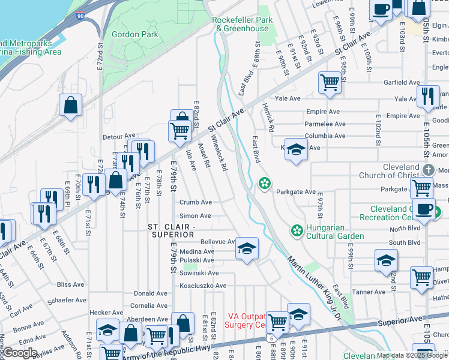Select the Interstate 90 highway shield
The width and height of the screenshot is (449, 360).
pyautogui.click(x=80, y=16)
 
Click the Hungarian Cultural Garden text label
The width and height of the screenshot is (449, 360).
pyautogui.click(x=334, y=232)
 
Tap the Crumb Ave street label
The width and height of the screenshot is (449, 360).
pyautogui.click(x=195, y=202)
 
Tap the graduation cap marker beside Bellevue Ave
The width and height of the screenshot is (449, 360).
pyautogui.click(x=246, y=248)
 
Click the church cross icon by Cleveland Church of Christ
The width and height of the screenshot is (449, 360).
pyautogui.click(x=428, y=170)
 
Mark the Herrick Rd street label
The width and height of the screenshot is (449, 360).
pyautogui.click(x=268, y=116)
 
